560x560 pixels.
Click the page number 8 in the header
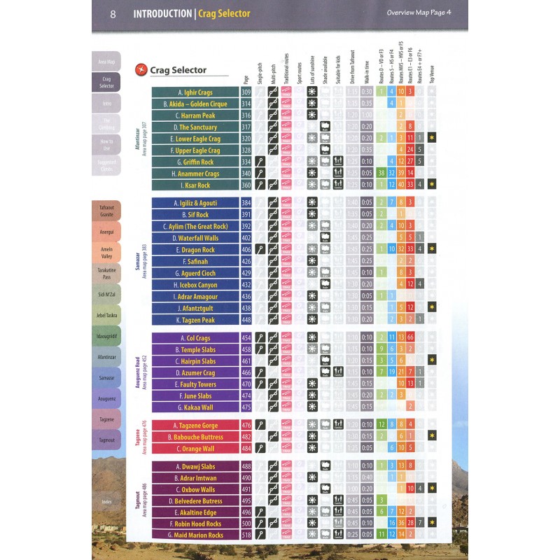(x=113, y=13)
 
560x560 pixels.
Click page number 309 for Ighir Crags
(x=246, y=92)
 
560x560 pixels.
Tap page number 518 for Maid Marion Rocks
(x=246, y=535)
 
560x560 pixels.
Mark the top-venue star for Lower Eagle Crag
(x=433, y=139)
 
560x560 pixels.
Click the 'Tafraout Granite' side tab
(x=106, y=211)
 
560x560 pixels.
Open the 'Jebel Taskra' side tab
(x=106, y=316)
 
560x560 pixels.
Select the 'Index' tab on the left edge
(x=106, y=502)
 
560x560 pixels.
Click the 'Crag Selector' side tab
(x=106, y=83)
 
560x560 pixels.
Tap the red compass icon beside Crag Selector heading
(x=141, y=69)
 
